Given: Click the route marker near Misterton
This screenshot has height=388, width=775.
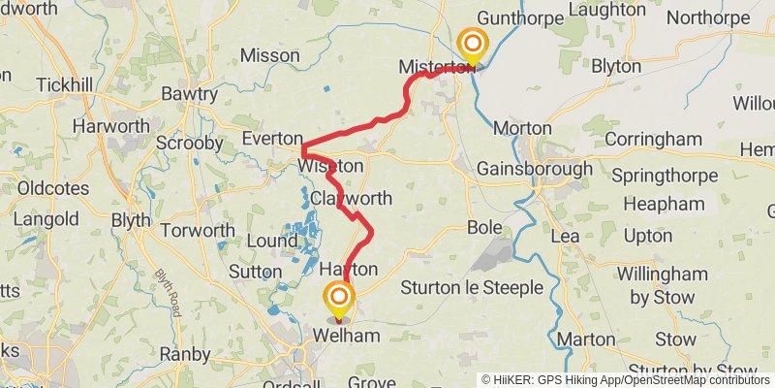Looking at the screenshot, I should [x=473, y=45].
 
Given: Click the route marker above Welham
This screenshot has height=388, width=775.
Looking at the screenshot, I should [x=339, y=298].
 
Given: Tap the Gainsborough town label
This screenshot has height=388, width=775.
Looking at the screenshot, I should [x=534, y=169].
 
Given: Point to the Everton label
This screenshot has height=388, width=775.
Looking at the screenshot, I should [x=272, y=139].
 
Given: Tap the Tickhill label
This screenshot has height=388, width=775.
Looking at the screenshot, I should [x=64, y=85].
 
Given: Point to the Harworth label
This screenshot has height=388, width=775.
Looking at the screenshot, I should [x=112, y=126].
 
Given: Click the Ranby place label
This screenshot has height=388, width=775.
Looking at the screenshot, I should [x=185, y=354].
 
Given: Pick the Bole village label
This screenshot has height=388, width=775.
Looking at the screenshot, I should [x=484, y=227].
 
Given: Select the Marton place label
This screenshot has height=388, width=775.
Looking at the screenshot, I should [x=586, y=339].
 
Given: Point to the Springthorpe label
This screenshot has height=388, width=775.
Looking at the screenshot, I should [x=666, y=176].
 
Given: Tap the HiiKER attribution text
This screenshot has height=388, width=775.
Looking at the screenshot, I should [x=557, y=380].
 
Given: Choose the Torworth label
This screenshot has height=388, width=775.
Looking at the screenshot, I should [x=198, y=231].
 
